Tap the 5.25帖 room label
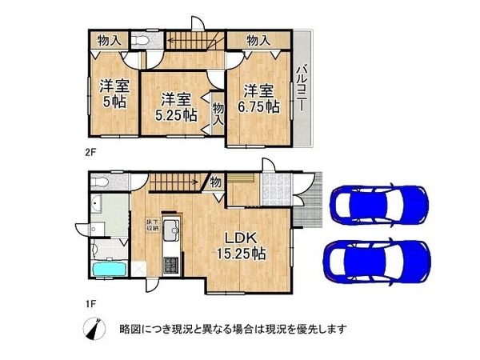click(x=175, y=107)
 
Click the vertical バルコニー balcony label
click(x=302, y=89)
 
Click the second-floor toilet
click(x=142, y=40)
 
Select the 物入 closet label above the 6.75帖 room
click(x=258, y=40)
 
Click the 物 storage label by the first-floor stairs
click(x=216, y=182)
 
